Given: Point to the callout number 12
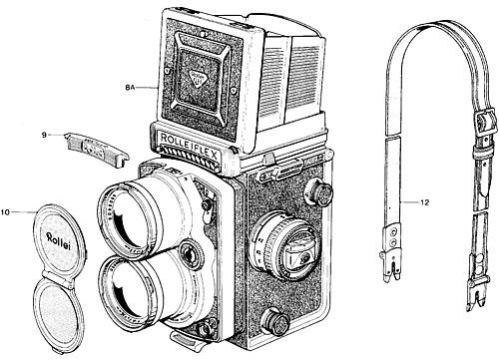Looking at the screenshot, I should click(x=424, y=203).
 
